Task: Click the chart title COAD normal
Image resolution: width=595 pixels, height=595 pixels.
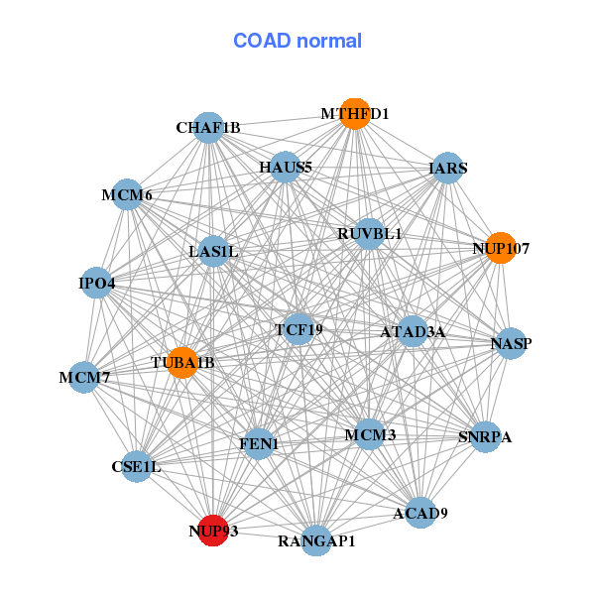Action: click(297, 41)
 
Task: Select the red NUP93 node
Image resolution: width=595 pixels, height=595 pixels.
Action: click(213, 530)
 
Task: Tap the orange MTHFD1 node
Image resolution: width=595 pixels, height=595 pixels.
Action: click(354, 113)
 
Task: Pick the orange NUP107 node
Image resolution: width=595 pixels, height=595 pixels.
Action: click(501, 248)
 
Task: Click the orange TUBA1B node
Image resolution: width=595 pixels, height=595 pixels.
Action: click(181, 362)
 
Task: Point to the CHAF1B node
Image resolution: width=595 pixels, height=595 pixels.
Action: click(208, 128)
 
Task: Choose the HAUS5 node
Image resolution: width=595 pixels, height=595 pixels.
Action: click(286, 167)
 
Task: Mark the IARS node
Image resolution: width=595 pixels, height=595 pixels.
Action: click(448, 168)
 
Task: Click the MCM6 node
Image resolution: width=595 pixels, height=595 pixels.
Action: click(127, 194)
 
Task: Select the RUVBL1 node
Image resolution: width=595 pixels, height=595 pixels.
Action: click(369, 234)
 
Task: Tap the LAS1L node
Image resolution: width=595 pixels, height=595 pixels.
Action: click(213, 251)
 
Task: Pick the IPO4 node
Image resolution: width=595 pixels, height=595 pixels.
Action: click(97, 284)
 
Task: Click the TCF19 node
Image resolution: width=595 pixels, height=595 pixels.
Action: click(298, 328)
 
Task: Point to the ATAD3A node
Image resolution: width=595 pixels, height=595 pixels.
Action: click(413, 331)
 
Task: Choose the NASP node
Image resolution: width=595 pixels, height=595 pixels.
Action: click(511, 344)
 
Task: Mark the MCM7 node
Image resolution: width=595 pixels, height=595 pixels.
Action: click(84, 377)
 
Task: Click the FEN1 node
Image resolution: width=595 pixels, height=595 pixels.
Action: click(259, 445)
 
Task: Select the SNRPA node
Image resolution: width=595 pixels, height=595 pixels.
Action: click(485, 436)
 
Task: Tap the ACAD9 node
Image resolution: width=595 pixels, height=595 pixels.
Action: click(420, 513)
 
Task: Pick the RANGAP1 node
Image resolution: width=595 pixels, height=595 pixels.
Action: click(316, 540)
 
